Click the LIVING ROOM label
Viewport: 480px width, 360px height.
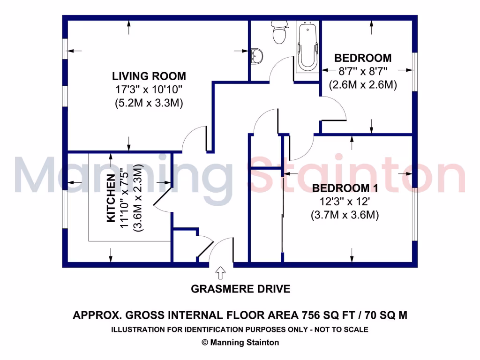point(149,76)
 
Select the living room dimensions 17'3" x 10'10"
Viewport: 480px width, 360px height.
point(149,90)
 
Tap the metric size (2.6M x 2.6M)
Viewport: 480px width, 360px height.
point(363,85)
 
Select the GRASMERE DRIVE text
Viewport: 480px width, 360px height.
point(240,289)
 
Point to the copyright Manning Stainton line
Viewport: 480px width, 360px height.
point(240,342)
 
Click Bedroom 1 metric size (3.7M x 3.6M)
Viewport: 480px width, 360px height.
point(344,215)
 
